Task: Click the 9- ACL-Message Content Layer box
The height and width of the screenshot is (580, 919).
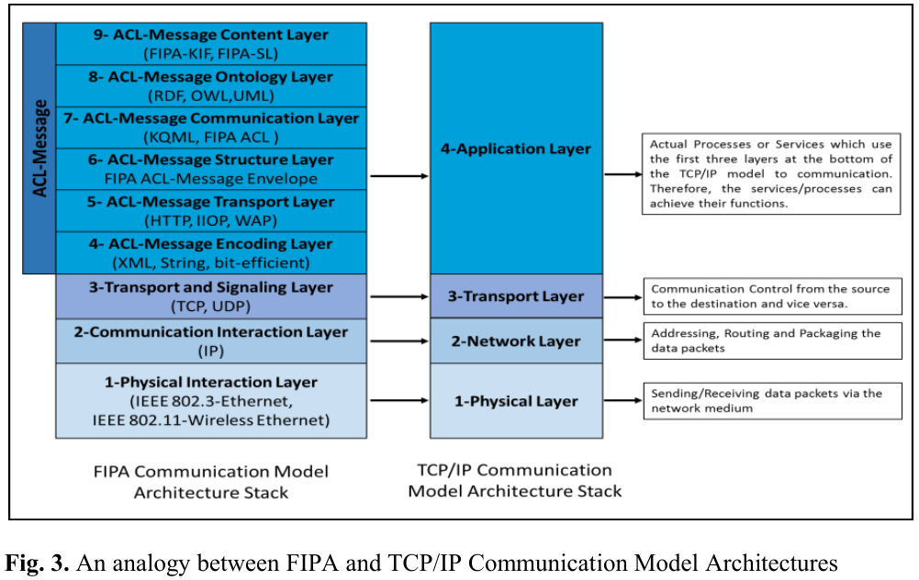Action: (x=211, y=44)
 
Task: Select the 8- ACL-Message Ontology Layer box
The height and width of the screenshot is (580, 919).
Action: (x=211, y=86)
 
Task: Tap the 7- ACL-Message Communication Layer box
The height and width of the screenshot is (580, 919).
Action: (x=211, y=128)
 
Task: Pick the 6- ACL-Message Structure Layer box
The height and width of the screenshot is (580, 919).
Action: (x=211, y=169)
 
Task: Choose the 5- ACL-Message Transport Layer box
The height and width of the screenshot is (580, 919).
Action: (x=211, y=210)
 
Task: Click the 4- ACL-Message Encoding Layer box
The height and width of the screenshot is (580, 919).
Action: (x=211, y=252)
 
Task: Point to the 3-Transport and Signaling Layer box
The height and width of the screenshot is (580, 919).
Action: (x=211, y=296)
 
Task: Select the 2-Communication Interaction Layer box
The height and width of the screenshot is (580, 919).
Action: (x=211, y=340)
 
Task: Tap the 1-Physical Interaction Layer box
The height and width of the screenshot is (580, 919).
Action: (x=211, y=400)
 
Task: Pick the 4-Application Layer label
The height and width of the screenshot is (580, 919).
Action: (x=516, y=149)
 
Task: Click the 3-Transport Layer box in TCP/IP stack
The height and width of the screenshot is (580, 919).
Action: (x=516, y=296)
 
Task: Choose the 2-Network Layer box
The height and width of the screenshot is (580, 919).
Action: (x=516, y=341)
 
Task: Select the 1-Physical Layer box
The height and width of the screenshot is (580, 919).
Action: (x=516, y=401)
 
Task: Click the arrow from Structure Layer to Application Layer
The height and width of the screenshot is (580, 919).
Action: (x=398, y=177)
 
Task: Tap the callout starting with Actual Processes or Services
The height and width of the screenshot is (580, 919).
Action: (x=770, y=174)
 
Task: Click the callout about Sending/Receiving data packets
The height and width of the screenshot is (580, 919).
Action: (x=770, y=401)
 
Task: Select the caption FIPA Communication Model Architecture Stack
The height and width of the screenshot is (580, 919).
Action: (x=211, y=482)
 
